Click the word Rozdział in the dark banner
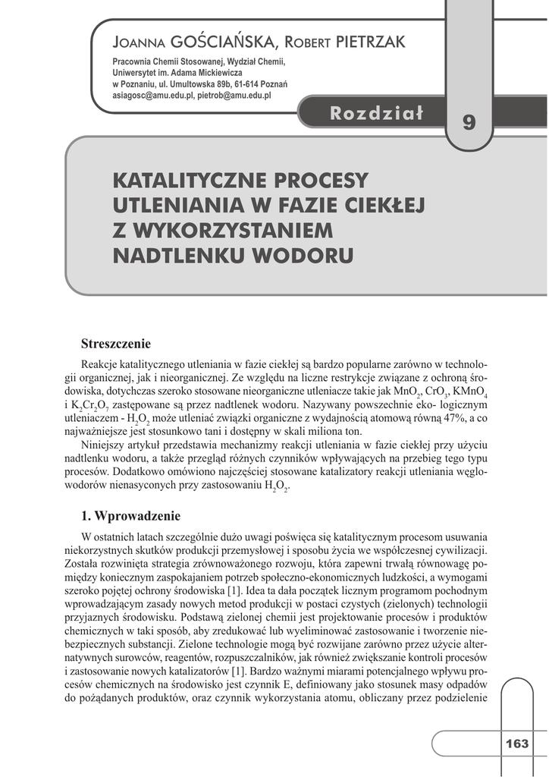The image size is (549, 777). coord(376,114)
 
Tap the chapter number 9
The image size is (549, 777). coord(469,123)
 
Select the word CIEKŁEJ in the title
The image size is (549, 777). coord(380,206)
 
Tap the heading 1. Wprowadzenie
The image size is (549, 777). coord(131,517)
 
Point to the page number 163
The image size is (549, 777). coord(517,744)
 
